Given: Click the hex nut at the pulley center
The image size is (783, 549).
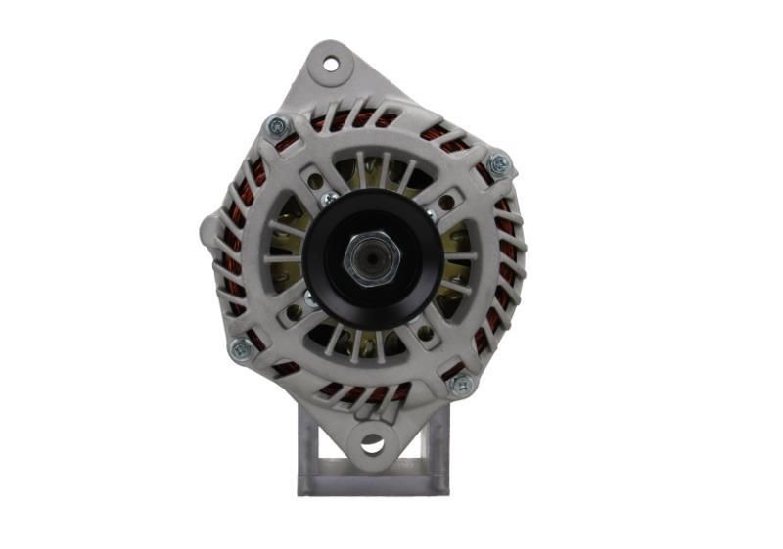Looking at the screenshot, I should tap(373, 258).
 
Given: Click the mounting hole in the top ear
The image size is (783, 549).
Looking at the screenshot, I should tap(330, 64).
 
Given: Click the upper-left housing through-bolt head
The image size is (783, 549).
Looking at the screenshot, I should tap(277, 126).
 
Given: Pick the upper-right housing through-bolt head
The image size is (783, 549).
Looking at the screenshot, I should tap(498, 163).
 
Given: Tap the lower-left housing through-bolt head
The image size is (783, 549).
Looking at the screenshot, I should tap(239, 348).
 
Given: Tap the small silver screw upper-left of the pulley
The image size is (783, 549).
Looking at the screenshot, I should tap(329, 198).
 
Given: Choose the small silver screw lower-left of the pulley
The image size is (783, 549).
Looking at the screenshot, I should tap(311, 298).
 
